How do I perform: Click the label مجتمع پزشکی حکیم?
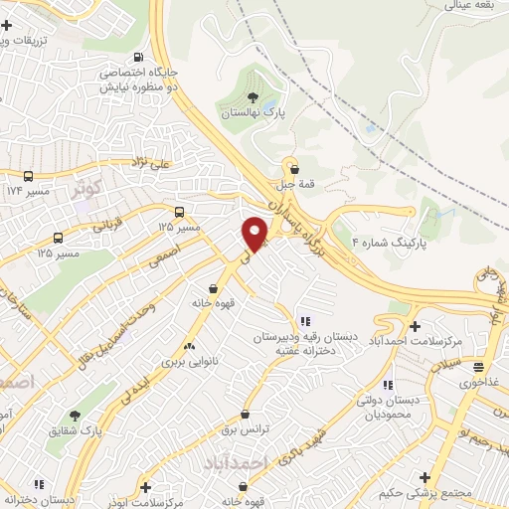pos(424,493)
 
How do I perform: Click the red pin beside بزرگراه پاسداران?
pos(254,232)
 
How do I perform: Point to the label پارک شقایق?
pos(75,430)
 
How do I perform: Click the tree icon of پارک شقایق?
pos(74,416)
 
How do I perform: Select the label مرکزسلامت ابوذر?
pos(147,502)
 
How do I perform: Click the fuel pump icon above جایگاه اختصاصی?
pos(136,57)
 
